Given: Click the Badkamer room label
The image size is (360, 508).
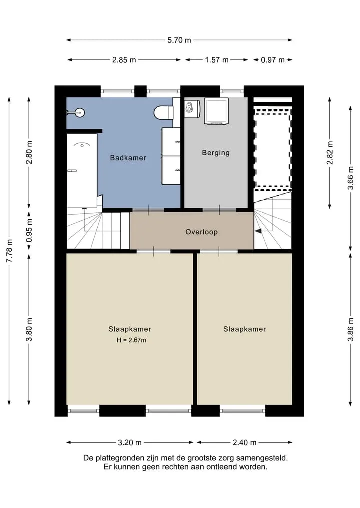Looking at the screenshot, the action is [128, 158].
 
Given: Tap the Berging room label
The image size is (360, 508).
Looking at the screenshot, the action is [216, 152].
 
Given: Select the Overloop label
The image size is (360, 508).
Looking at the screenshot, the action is [201, 232].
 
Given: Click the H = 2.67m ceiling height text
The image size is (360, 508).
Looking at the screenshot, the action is [131, 340].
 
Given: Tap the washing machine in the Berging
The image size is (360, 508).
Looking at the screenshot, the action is [216, 111].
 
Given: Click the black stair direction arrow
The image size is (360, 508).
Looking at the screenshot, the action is [259, 231].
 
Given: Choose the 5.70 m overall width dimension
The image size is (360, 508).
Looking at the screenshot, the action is [179, 40].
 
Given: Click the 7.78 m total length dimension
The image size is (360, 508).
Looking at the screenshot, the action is [9, 251].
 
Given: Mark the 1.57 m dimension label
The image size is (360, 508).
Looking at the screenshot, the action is [217, 60].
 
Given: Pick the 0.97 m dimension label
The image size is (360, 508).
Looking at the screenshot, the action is [273, 60].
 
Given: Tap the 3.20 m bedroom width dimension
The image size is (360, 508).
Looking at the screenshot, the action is [130, 442].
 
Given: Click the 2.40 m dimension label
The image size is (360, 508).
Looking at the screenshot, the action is [245, 442].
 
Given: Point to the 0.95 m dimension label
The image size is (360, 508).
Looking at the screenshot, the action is [29, 231].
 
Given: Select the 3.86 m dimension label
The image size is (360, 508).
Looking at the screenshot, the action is [350, 330].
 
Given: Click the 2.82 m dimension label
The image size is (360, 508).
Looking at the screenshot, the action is [330, 153].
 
